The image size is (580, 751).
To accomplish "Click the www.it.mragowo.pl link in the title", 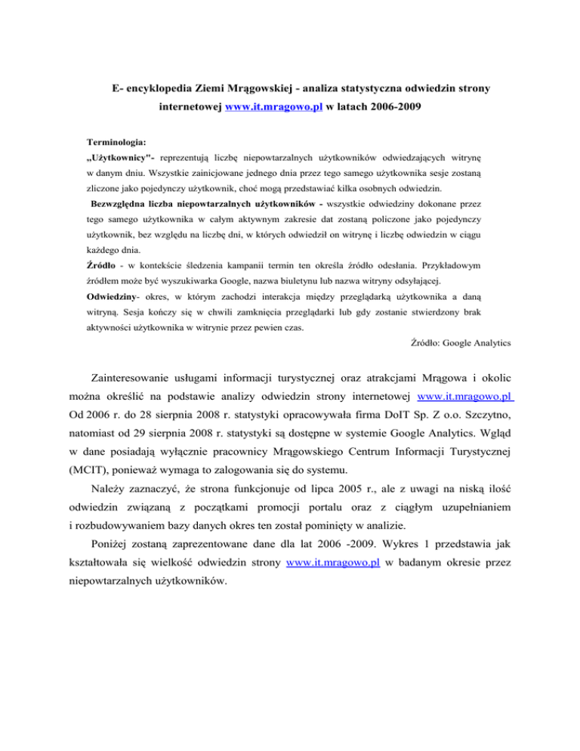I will click(274, 108).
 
